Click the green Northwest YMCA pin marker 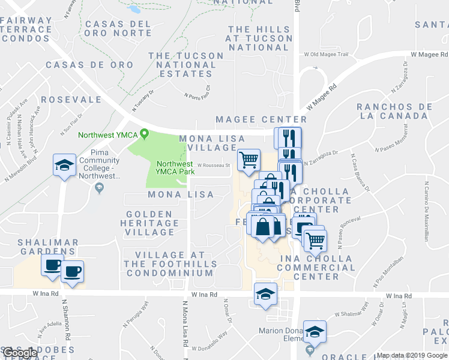click(x=144, y=134)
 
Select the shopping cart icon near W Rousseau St click(x=249, y=160)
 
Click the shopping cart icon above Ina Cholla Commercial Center click(x=315, y=241)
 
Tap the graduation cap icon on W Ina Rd click(x=264, y=294)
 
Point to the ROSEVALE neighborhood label click(x=71, y=100)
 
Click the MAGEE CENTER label click(x=261, y=120)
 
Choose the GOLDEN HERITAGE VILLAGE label click(x=152, y=223)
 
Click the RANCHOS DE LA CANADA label click(x=394, y=111)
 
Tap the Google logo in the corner click(x=19, y=353)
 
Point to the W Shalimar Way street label click(x=350, y=313)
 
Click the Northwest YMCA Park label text click(x=175, y=169)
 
